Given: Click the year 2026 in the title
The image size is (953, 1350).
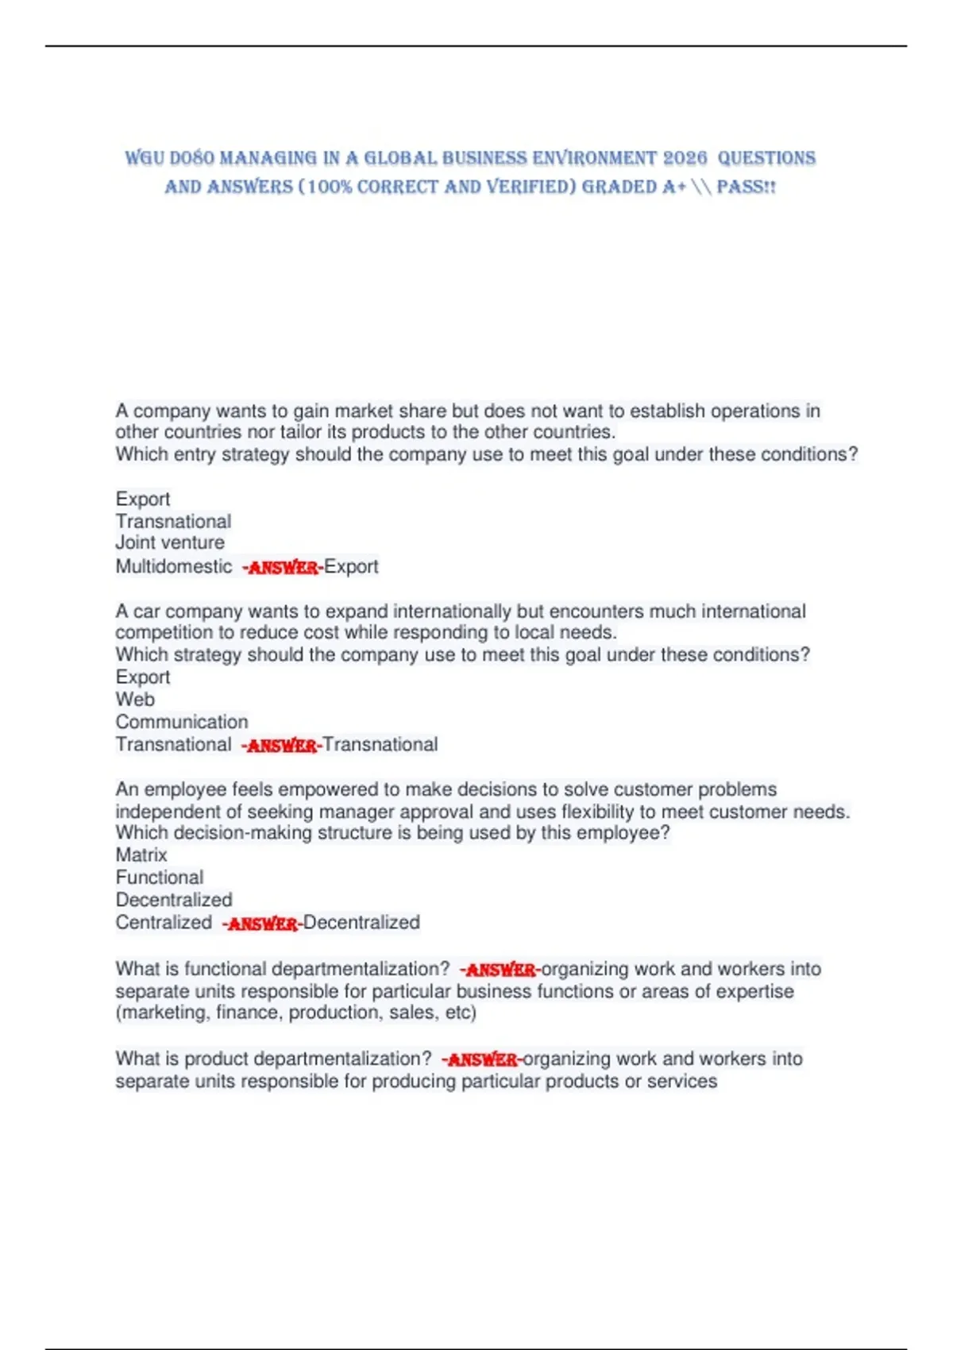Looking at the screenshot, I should tap(685, 158).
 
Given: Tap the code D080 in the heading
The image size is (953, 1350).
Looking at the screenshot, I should tap(191, 158).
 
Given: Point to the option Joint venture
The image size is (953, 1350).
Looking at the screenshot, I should tap(170, 543).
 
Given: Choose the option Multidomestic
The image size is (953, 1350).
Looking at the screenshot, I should tap(174, 567).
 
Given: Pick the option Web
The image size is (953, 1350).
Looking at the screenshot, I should tap(135, 700).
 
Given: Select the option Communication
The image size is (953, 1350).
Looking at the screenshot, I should tap(182, 722).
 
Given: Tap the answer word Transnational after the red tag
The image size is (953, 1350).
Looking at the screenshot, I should tap(380, 745).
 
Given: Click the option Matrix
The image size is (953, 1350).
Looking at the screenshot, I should tap(141, 855).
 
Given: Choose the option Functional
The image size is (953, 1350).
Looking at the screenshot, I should tap(160, 877).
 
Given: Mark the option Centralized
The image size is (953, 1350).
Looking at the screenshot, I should tap(164, 923).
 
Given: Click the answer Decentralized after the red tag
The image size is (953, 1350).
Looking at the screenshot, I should tap(361, 923).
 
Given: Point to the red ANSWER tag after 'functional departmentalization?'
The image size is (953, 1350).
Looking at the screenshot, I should tap(500, 970).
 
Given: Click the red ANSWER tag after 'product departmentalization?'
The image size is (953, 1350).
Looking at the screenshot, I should tap(482, 1059).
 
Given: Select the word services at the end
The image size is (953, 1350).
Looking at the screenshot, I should tap(682, 1082).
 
